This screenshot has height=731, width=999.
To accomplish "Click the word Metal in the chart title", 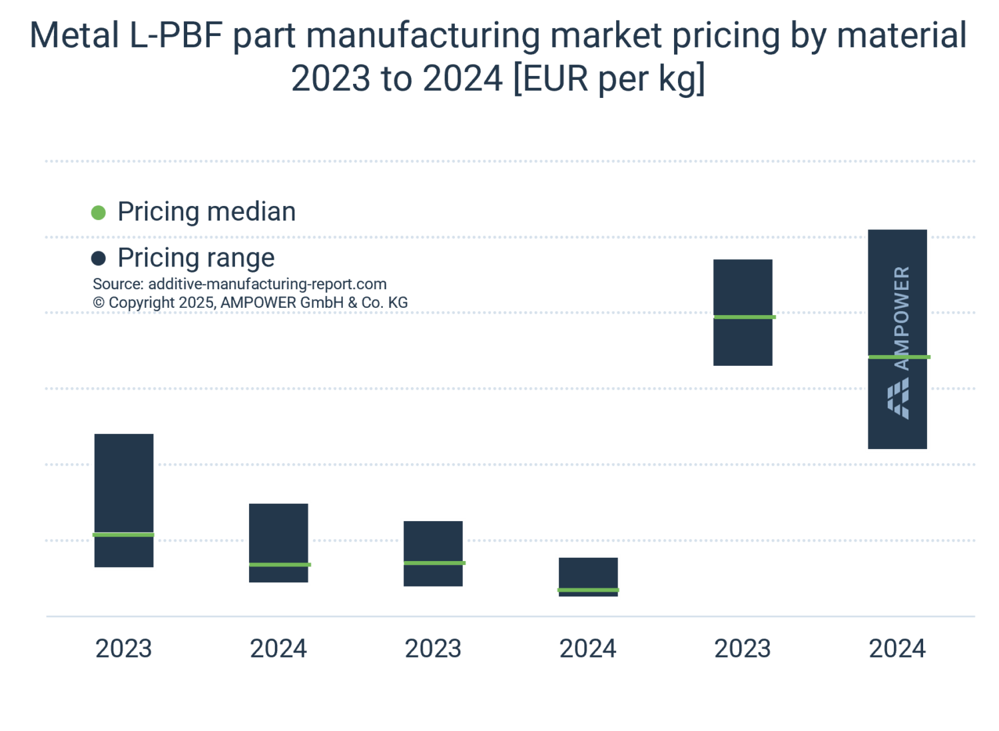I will click(x=74, y=36).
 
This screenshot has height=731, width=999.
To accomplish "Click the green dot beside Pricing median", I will click(x=99, y=213).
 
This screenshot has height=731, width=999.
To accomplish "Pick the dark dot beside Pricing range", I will click(x=99, y=258).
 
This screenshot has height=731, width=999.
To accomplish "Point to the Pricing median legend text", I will click(x=206, y=212).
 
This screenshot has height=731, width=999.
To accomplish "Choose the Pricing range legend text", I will click(x=196, y=258).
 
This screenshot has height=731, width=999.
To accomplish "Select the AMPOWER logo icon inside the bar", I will click(x=898, y=399).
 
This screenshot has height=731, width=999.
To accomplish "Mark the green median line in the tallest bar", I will click(x=898, y=357).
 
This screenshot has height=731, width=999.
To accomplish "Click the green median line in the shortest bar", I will click(x=588, y=590).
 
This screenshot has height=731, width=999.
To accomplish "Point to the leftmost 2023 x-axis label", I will click(x=124, y=648).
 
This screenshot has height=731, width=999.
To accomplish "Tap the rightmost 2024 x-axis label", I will click(x=897, y=648).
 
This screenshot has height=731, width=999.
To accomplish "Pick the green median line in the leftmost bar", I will click(x=124, y=534).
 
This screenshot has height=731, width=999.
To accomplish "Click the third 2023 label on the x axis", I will click(x=743, y=648).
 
